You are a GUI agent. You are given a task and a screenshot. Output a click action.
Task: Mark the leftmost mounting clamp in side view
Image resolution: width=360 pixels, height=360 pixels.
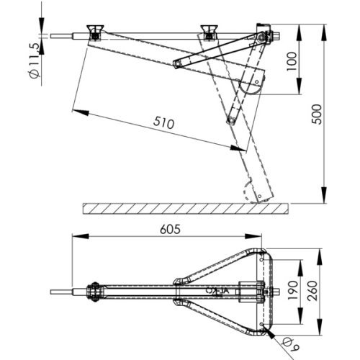tap(94, 32)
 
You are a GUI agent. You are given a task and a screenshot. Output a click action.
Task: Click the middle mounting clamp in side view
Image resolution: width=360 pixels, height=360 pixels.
tap(210, 32)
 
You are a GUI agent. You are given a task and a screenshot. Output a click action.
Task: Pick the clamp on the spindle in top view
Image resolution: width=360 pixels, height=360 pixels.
tap(93, 292)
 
